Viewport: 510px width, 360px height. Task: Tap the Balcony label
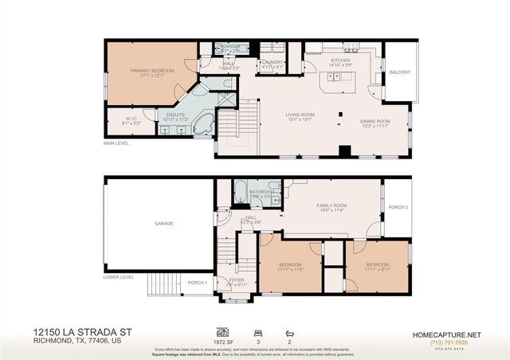400,72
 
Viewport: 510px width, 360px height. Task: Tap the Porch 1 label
197,283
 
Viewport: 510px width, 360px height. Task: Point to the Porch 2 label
397,208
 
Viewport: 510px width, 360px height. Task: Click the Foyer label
237,280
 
